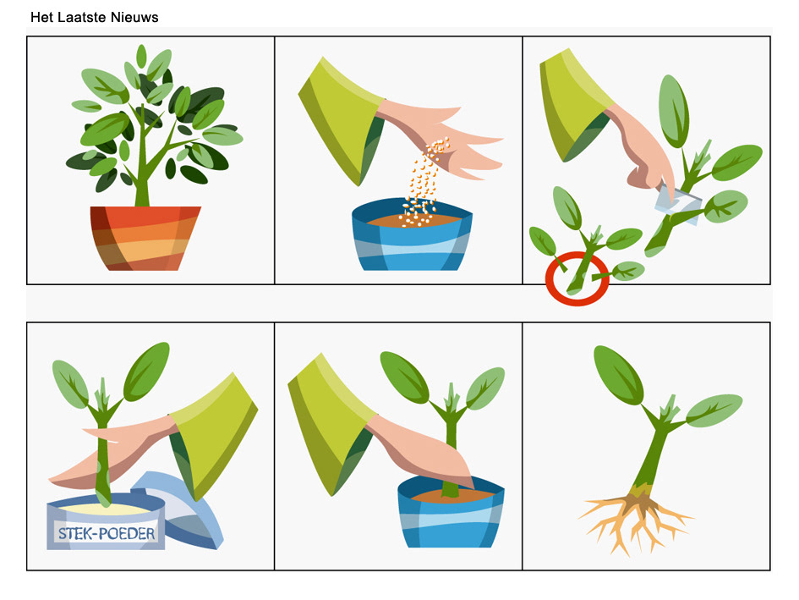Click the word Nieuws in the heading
click(x=134, y=17)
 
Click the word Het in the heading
click(x=41, y=17)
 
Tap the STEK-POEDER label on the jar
click(x=107, y=534)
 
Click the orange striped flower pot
click(x=145, y=238)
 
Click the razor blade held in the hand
click(x=678, y=205)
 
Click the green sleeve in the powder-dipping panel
click(x=216, y=433)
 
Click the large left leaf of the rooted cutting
click(x=618, y=374)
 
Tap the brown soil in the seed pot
click(x=413, y=220)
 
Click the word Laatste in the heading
click(x=82, y=17)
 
